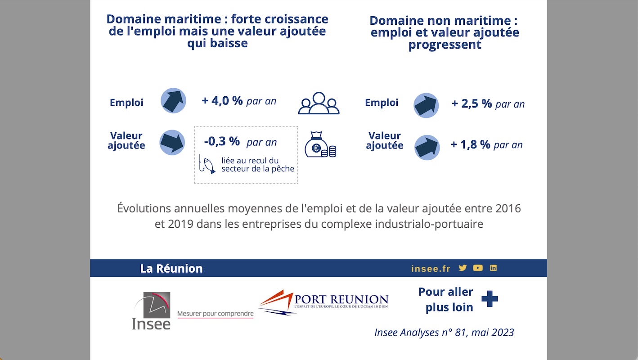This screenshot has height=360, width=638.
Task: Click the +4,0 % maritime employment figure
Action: pyautogui.click(x=222, y=101)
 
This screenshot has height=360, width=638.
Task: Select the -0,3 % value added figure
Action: pyautogui.click(x=222, y=142)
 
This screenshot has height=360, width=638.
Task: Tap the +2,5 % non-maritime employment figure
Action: pyautogui.click(x=472, y=104)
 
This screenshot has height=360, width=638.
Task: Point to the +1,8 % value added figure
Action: pyautogui.click(x=470, y=145)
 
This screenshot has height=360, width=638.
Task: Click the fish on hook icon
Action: pyautogui.click(x=207, y=165)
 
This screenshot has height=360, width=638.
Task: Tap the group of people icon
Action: pyautogui.click(x=319, y=103)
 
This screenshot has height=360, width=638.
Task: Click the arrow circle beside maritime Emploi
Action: pyautogui.click(x=173, y=100)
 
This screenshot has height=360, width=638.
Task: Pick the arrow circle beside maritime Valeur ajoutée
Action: pyautogui.click(x=172, y=143)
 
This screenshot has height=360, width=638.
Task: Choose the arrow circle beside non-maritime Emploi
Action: pyautogui.click(x=426, y=105)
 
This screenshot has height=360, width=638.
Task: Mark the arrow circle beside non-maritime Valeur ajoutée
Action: pyautogui.click(x=427, y=147)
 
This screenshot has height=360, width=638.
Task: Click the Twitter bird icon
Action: pyautogui.click(x=463, y=268)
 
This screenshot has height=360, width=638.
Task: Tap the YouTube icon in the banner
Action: pyautogui.click(x=478, y=268)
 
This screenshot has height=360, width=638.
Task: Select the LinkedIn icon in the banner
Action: pyautogui.click(x=493, y=268)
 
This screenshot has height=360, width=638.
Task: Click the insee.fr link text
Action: pyautogui.click(x=431, y=269)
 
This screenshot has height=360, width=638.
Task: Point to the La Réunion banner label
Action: pyautogui.click(x=171, y=269)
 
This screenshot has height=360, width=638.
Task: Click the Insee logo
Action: pyautogui.click(x=152, y=311)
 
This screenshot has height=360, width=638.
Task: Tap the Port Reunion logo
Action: pyautogui.click(x=323, y=302)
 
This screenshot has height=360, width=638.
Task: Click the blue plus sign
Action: pyautogui.click(x=490, y=299)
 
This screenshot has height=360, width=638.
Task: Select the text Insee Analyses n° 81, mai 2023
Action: pyautogui.click(x=444, y=333)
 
